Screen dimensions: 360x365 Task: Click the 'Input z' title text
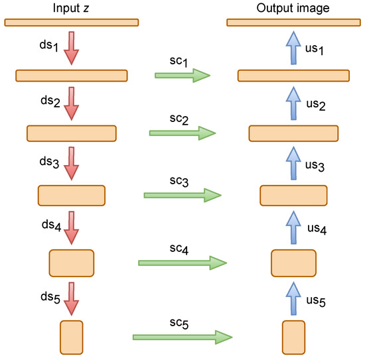tap(72, 7)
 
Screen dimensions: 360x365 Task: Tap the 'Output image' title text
tap(293, 7)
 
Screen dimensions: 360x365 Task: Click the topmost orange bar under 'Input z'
tap(72, 23)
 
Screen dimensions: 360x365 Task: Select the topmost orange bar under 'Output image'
tap(293, 23)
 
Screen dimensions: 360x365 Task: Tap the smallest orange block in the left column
tap(72, 337)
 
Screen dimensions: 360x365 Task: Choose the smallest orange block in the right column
tap(293, 337)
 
